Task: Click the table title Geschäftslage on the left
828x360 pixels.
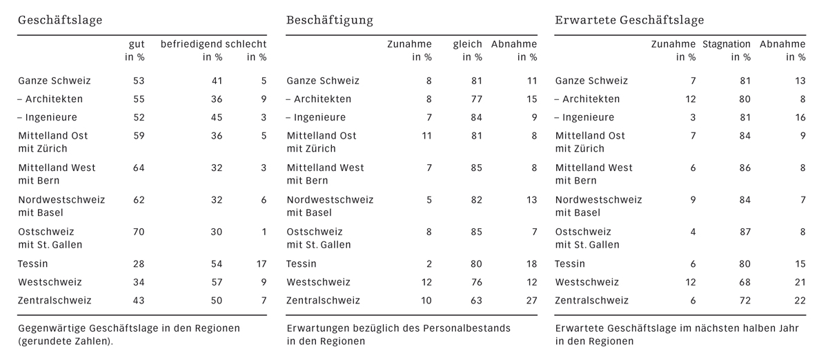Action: pos(60,20)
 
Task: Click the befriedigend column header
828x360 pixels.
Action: pos(192,44)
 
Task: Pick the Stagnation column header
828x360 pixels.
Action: pos(726,44)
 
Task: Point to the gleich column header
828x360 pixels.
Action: pos(467,44)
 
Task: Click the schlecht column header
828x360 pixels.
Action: pos(246,44)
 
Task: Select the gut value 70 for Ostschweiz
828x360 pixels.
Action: pos(137,232)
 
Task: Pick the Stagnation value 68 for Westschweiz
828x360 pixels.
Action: pos(744,282)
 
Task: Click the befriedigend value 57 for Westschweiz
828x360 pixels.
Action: pos(216,282)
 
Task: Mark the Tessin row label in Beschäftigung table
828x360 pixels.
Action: pos(302,263)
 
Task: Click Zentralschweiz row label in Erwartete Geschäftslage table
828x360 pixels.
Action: pos(592,301)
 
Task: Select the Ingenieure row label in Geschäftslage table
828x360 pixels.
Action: pos(50,117)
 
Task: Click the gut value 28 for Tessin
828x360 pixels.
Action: pos(137,263)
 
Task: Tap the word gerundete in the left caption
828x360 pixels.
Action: pos(47,341)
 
